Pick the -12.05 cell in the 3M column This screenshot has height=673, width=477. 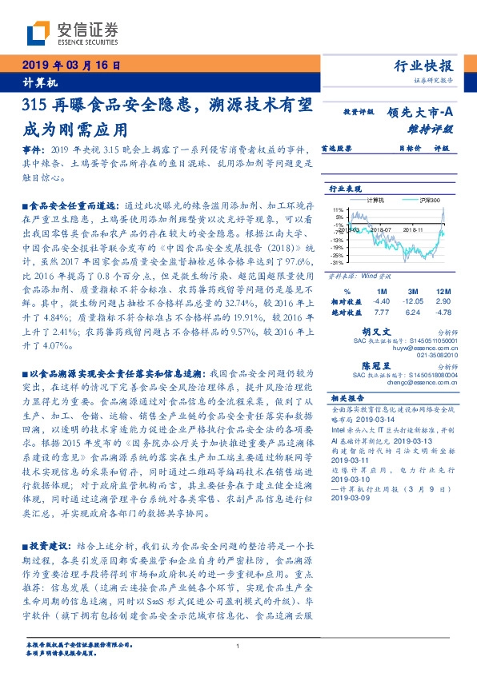click(x=413, y=300)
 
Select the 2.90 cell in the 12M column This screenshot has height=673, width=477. click(x=444, y=300)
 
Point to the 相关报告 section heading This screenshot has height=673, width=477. click(x=347, y=397)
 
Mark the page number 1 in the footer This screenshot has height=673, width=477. click(x=238, y=647)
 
